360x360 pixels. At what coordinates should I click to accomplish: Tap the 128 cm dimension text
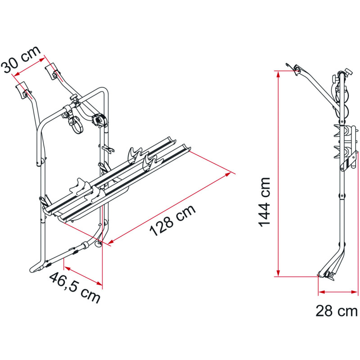coord(173,220)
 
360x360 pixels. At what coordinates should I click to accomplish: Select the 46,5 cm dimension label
coord(75,288)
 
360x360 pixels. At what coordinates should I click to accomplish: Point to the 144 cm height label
coord(265,202)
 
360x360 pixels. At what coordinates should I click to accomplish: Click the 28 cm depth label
coord(336,311)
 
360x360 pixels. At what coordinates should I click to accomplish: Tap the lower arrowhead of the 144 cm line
coord(278,273)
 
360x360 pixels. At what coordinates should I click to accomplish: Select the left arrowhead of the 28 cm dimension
coord(322,292)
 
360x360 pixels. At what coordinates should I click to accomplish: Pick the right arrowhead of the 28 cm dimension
coord(355,292)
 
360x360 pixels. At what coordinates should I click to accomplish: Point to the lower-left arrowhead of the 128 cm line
coord(111,241)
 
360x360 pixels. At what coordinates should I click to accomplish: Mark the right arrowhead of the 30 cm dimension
coord(42,60)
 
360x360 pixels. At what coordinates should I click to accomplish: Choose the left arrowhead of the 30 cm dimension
coord(17,74)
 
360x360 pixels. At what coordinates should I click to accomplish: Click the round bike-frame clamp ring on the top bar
coord(76,126)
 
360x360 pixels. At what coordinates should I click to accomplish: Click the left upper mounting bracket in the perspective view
coord(23,90)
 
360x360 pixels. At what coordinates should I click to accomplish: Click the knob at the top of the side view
coord(348,72)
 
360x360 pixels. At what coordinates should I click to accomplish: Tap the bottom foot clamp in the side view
coord(327,275)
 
